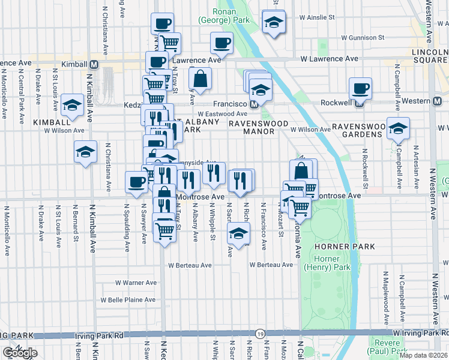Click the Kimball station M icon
(x=94, y=64)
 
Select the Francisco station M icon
(x=254, y=104)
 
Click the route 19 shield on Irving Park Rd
(x=260, y=333)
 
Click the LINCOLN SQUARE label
(x=430, y=59)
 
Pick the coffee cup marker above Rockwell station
(x=361, y=90)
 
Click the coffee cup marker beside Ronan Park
(x=221, y=43)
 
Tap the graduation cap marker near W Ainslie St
(x=274, y=22)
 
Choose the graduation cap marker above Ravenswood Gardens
(x=398, y=128)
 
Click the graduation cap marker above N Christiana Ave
(x=85, y=152)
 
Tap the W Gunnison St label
(x=360, y=37)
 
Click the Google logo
(x=19, y=353)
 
